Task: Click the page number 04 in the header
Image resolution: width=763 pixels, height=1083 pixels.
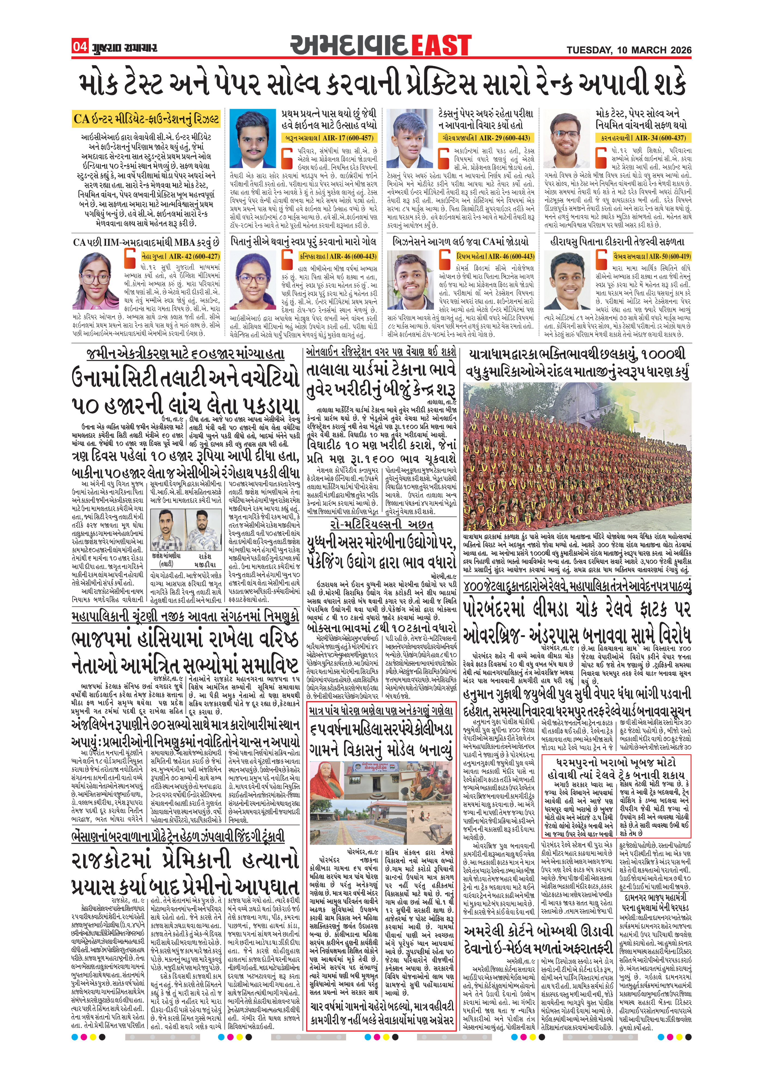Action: click(x=80, y=47)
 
